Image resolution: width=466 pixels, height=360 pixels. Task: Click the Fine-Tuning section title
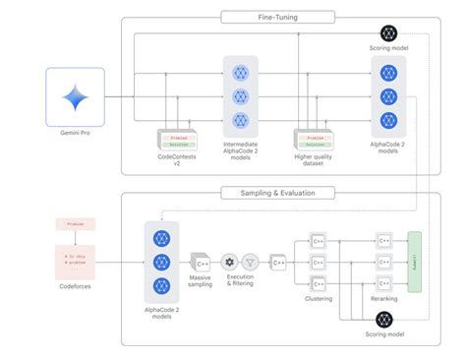(x=280, y=17)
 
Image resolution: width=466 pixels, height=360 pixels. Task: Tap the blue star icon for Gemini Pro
(x=75, y=97)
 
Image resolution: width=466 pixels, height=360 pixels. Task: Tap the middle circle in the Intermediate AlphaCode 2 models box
(x=242, y=96)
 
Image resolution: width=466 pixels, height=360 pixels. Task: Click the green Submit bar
(x=414, y=263)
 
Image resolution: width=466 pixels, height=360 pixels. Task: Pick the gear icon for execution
(x=229, y=263)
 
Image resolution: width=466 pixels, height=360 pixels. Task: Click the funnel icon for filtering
(x=251, y=263)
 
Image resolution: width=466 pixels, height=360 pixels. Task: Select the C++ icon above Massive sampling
(x=200, y=263)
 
